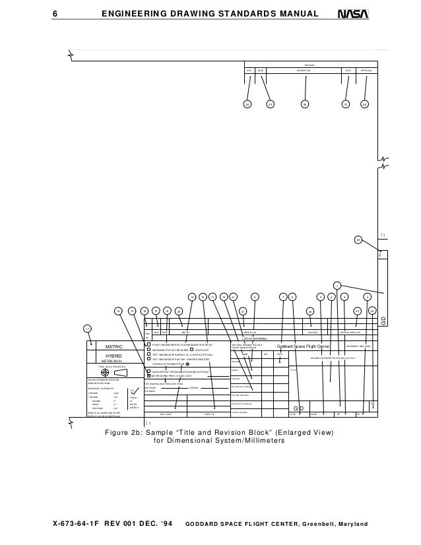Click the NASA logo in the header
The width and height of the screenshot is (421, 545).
coord(350,13)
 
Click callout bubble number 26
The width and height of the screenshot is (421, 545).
coord(305,104)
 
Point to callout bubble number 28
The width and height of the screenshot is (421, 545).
coord(365,104)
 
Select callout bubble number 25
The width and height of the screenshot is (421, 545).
coord(270,104)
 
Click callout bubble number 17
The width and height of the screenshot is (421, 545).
coord(87,328)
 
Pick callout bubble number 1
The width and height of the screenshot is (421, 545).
coord(337,285)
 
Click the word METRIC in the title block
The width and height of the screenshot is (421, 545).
coord(115,346)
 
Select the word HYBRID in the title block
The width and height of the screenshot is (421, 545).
coord(115,356)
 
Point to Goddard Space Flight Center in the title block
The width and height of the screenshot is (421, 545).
coord(303,346)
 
